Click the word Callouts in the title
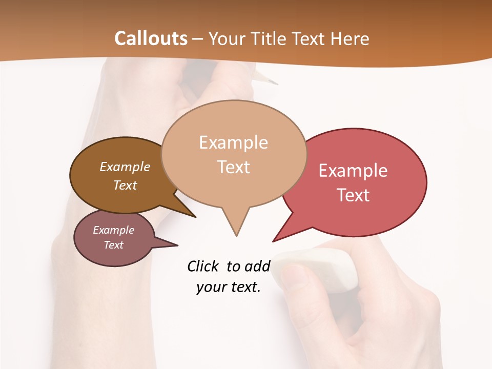tap(151, 38)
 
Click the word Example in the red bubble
tap(353, 171)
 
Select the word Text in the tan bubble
tap(233, 167)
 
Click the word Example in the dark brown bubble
tap(125, 167)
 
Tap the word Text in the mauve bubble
tap(114, 245)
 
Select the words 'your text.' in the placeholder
tap(229, 287)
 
